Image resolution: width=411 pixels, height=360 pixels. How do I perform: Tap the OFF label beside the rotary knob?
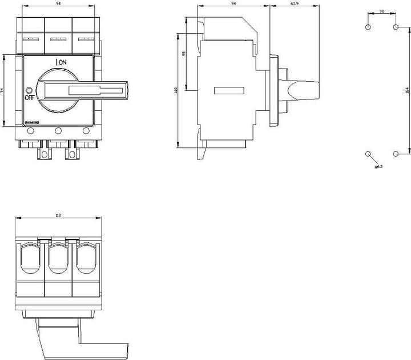coord(29,98)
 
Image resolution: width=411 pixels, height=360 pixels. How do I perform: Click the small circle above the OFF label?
coord(29,90)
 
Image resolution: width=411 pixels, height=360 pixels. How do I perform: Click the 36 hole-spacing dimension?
coord(381,11)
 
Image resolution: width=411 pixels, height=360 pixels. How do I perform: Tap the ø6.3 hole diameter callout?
coord(378,167)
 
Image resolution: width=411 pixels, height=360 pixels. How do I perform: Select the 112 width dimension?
coord(58,215)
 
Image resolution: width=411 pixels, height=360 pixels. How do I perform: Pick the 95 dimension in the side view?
coord(184,54)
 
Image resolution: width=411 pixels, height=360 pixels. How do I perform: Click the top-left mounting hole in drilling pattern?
coord(368,27)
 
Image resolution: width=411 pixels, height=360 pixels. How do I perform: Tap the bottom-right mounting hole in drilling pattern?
coord(396,154)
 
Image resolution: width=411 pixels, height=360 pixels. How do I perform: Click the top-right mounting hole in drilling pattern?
coord(396,27)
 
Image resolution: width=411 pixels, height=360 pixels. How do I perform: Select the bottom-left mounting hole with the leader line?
coord(368,154)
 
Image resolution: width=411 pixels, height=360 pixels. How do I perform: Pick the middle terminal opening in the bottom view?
coord(58,259)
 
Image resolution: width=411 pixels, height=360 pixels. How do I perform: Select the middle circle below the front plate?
coord(58,131)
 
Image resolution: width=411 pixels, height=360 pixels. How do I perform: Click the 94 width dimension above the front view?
coord(58,4)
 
